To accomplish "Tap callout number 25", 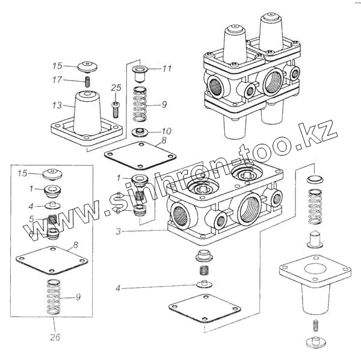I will tap(116, 88).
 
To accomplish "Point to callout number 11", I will tap(167, 69).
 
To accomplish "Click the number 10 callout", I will tap(167, 131).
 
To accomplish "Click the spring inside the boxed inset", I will tap(53, 297).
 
